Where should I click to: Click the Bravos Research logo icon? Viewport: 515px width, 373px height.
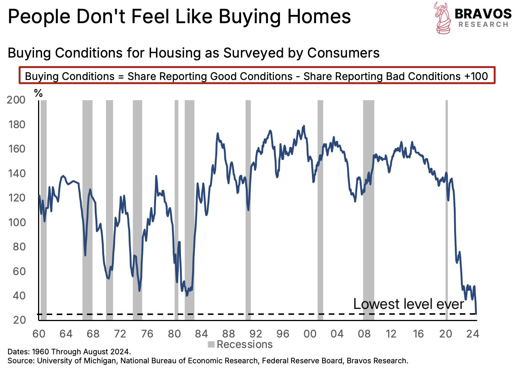443,18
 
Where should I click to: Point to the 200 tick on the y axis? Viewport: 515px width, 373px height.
16,100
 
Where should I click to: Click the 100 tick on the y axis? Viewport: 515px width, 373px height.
16,222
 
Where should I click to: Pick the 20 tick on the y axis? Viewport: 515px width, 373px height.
19,320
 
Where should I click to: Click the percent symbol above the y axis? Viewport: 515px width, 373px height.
38,93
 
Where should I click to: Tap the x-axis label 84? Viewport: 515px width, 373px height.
201,333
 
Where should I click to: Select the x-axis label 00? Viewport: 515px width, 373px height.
310,333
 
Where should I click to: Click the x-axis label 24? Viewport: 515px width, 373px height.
472,333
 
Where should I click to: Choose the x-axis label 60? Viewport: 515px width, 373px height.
39,333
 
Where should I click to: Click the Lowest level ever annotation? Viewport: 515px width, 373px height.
408,304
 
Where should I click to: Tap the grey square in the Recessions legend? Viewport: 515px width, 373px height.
211,345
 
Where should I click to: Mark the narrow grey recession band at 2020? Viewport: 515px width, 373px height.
446,209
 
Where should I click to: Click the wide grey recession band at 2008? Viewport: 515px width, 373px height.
369,209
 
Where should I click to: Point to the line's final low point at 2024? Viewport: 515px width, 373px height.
476,313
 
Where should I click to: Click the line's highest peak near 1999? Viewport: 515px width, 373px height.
304,126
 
